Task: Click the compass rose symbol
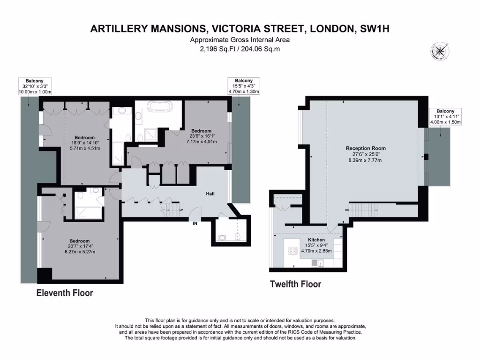tap(440, 51)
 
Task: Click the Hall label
tap(210, 193)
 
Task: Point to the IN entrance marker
tap(195, 224)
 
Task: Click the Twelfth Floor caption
tap(295, 284)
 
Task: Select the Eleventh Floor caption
tap(65, 293)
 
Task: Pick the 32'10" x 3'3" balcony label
tap(34, 86)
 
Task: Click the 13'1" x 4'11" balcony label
tap(445, 117)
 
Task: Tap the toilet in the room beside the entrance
tap(238, 236)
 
